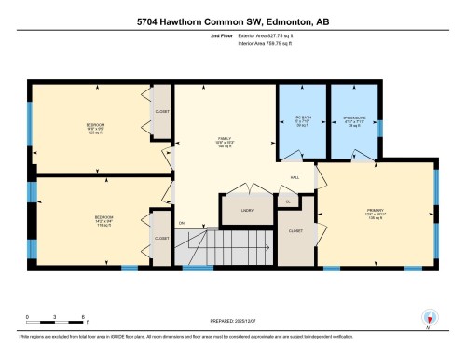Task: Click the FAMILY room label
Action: [224, 141]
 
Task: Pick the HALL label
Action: [295, 176]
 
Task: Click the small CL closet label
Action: [288, 201]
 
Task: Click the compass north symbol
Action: [428, 317]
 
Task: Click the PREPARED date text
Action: [232, 324]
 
